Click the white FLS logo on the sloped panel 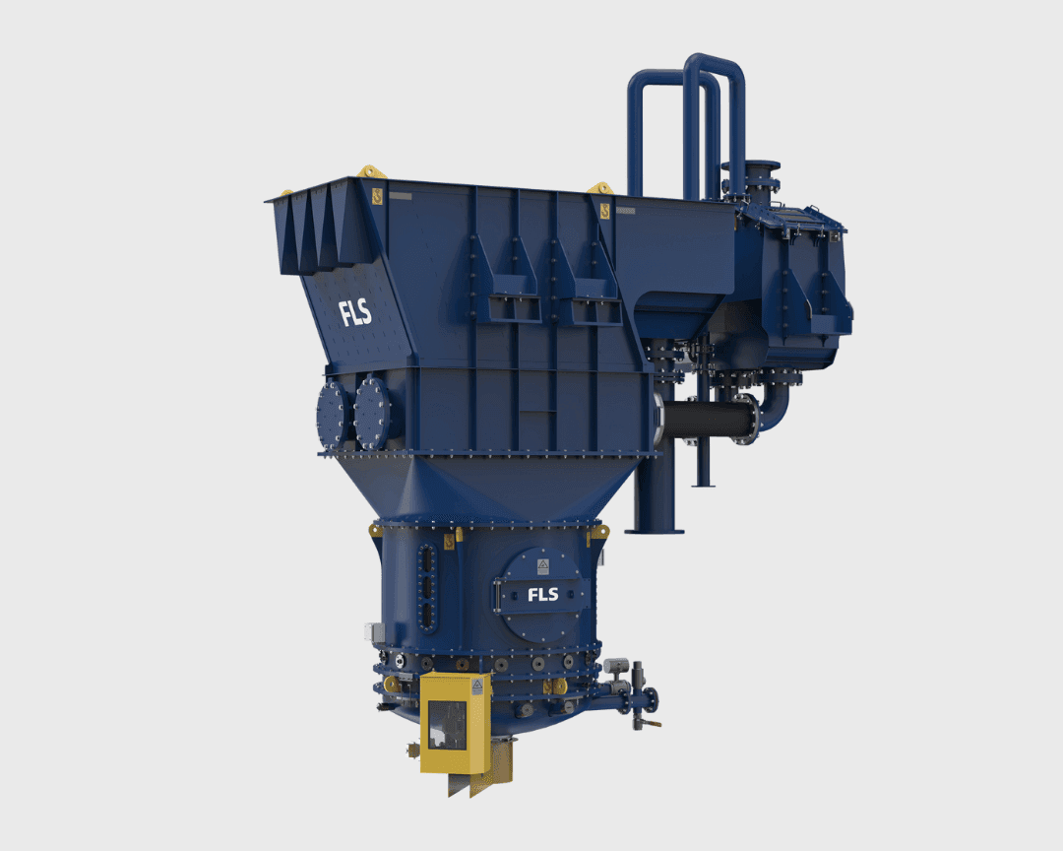coord(355,313)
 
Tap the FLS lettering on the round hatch coord(543,595)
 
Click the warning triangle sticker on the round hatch coord(543,566)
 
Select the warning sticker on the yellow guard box coord(477,687)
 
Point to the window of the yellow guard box coord(447,726)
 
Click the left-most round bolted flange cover coord(333,414)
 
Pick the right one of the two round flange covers coord(372,413)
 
